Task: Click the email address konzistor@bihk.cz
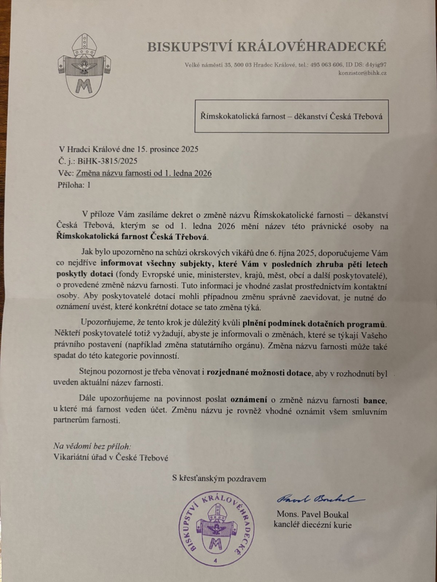[362, 73]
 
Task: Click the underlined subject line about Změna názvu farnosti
[144, 173]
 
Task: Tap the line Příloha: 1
[74, 185]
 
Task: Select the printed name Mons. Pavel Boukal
[313, 515]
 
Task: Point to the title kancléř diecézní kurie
[312, 525]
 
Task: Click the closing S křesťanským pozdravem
[219, 479]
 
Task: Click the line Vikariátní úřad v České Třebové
[111, 458]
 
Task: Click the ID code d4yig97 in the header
[375, 65]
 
